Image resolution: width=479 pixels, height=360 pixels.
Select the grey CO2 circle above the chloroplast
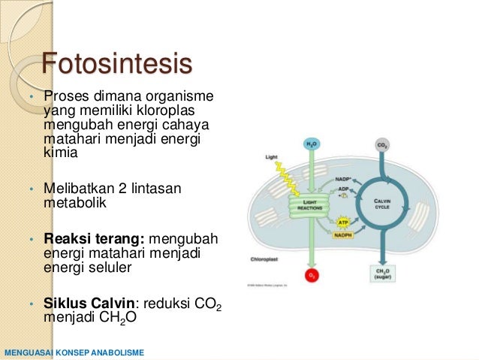[382, 144]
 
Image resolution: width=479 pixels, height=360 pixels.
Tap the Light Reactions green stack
[310, 204]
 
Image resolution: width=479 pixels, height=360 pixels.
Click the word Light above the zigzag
[272, 158]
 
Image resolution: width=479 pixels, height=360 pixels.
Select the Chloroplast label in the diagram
[265, 259]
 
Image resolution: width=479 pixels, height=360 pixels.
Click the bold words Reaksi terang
[95, 239]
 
